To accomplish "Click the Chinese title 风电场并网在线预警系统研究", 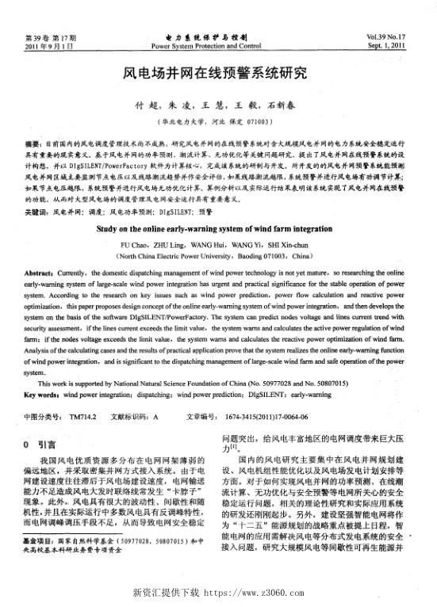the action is (x=218, y=74).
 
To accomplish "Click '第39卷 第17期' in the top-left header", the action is (x=49, y=38).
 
